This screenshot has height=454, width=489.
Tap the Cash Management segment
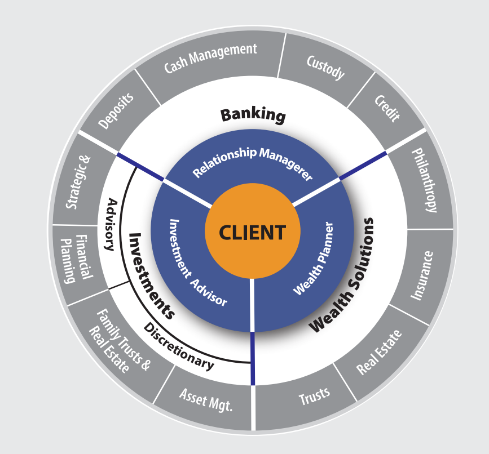click(210, 59)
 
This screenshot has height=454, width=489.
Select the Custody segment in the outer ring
click(325, 67)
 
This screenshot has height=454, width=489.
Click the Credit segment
click(387, 108)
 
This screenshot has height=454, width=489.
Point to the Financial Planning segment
click(76, 259)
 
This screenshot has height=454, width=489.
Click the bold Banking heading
click(253, 115)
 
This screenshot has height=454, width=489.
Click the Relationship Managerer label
click(252, 162)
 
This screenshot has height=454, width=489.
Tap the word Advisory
click(111, 224)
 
